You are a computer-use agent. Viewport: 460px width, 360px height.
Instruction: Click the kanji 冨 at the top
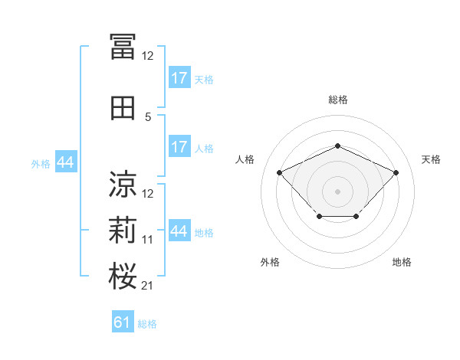(x=123, y=47)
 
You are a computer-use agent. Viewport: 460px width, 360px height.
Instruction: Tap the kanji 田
(x=123, y=108)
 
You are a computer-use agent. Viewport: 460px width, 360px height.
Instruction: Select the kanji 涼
(x=123, y=184)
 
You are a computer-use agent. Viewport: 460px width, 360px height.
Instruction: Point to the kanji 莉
(x=123, y=230)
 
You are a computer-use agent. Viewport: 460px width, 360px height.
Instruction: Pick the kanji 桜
(x=123, y=276)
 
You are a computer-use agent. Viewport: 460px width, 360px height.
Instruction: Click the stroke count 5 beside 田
(x=148, y=117)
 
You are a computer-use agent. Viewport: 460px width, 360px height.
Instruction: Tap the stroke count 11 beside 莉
(x=147, y=240)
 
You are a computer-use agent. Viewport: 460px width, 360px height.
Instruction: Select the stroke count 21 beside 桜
(x=147, y=286)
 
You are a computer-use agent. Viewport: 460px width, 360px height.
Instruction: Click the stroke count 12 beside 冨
(x=147, y=56)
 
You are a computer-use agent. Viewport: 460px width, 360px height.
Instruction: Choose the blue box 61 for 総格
(x=123, y=321)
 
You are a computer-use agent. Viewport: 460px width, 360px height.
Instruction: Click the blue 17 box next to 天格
(x=180, y=77)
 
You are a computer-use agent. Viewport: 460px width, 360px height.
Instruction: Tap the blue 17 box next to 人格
(x=180, y=146)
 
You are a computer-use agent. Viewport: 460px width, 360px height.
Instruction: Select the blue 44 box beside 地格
(x=180, y=230)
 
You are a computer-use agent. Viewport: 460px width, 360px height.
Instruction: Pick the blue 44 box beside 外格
(x=66, y=162)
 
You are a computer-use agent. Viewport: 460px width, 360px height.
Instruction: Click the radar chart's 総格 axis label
(x=338, y=100)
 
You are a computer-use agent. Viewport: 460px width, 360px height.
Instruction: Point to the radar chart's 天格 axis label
(x=431, y=159)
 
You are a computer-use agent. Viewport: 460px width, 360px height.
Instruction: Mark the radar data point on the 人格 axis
(x=279, y=172)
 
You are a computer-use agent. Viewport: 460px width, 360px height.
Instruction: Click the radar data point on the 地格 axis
(x=356, y=216)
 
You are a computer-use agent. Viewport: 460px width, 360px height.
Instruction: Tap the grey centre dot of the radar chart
(x=337, y=191)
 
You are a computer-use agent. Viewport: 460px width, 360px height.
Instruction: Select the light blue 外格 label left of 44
(x=41, y=164)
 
